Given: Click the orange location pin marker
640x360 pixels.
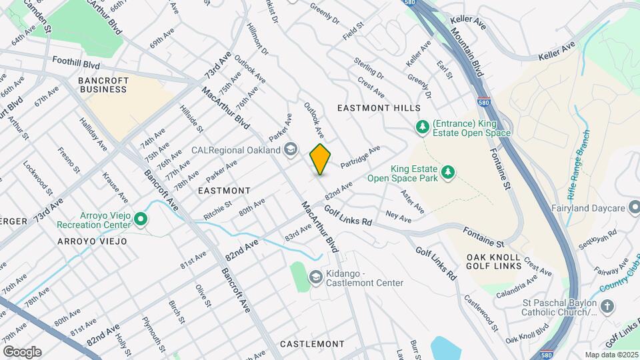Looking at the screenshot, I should (321, 159).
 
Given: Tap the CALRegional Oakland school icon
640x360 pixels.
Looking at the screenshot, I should (290, 150).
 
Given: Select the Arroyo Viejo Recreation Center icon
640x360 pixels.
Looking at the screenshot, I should (140, 219).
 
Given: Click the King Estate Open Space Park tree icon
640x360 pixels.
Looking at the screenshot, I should (449, 173).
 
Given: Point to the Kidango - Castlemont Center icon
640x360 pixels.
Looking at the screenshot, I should (315, 277).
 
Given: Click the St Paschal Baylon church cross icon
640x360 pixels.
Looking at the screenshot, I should (607, 307).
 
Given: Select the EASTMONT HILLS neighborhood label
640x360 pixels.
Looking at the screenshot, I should (379, 108).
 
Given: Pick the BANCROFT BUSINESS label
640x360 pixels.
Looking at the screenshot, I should (103, 85).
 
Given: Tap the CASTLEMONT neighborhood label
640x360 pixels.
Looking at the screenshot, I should (312, 344).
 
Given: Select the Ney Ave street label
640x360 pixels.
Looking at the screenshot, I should (399, 217).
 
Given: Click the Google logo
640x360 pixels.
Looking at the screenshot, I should (22, 351).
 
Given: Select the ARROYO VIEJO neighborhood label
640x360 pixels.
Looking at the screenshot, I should (92, 241).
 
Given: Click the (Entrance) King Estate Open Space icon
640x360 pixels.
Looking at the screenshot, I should (422, 127).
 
